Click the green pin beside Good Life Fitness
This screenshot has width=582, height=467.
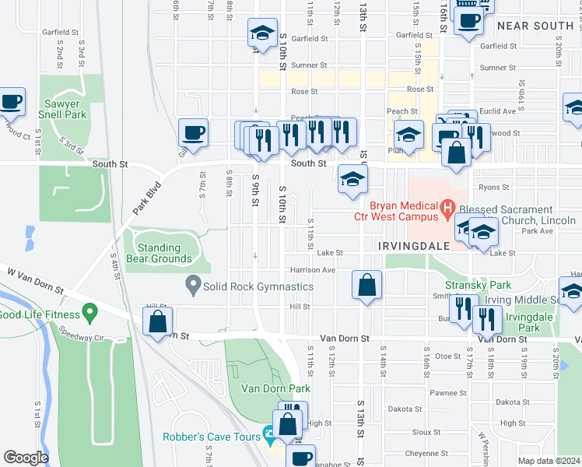tap(90, 314)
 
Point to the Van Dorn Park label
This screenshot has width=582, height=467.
tap(275, 388)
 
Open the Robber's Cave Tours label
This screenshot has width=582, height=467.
tap(211, 437)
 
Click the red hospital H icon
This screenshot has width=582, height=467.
tap(447, 208)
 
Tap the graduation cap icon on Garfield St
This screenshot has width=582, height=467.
tap(262, 33)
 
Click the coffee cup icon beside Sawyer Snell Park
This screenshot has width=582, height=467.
tap(12, 101)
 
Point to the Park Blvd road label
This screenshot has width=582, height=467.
tap(145, 199)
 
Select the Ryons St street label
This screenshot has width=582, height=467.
tap(494, 187)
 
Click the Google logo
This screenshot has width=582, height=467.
tap(26, 458)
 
